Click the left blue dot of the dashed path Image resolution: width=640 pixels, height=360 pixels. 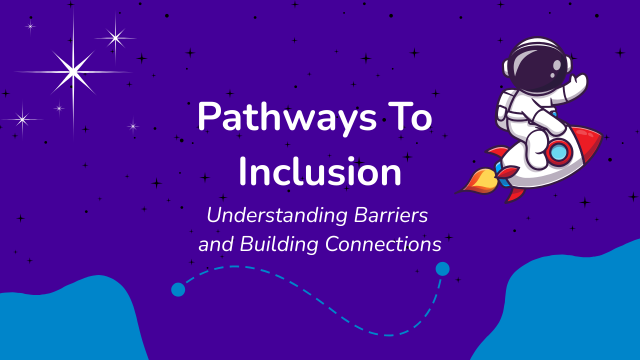(178, 290)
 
